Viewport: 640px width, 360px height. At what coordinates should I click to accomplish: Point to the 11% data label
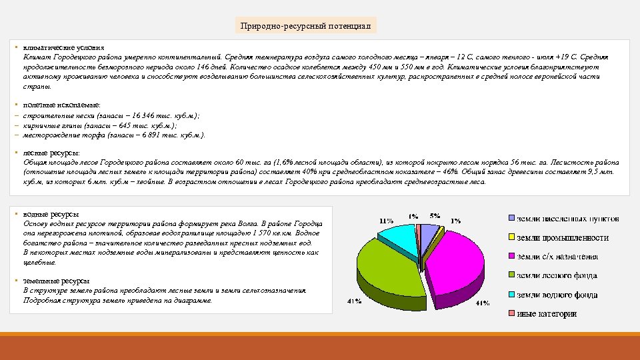(385, 221)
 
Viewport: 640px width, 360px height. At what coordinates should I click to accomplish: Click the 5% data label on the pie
(435, 215)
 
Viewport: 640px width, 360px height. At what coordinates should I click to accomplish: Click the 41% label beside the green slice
(355, 301)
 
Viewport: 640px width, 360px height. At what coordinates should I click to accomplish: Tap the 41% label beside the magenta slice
(482, 303)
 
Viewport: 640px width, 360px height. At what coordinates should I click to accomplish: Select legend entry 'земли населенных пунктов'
(567, 218)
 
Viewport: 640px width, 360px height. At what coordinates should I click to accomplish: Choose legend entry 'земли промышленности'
(562, 237)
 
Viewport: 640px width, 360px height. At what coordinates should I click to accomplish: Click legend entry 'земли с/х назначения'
(557, 256)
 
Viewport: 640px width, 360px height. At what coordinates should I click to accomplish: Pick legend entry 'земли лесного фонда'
(557, 275)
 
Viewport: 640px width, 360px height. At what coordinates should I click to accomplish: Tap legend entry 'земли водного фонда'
(557, 294)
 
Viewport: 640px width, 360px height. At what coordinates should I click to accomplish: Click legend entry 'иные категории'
(547, 313)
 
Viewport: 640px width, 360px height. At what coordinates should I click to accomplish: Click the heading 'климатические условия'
(64, 48)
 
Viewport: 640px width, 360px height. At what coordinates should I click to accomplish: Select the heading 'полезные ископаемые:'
(62, 105)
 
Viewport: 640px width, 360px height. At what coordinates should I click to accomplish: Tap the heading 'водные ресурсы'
(51, 214)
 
